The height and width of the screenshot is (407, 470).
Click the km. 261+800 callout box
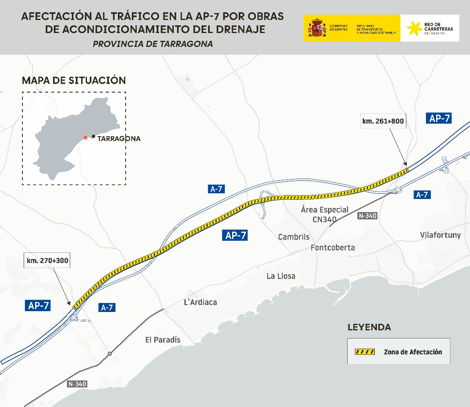click(x=383, y=121)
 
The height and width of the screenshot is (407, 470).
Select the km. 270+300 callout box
click(x=48, y=260)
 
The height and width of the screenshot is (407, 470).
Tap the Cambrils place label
click(x=294, y=237)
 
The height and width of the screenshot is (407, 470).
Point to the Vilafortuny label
click(x=440, y=235)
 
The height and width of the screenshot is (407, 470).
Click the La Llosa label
click(x=281, y=276)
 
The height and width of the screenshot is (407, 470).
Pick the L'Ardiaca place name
click(x=201, y=302)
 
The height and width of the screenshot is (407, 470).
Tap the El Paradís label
click(x=163, y=340)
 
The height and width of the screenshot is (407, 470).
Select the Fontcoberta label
click(x=333, y=248)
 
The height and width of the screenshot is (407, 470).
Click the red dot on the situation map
click(x=85, y=137)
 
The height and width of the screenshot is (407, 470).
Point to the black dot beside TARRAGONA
click(x=93, y=136)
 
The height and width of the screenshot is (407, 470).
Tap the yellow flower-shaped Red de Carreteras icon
click(x=414, y=28)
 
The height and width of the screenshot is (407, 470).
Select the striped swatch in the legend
click(x=365, y=352)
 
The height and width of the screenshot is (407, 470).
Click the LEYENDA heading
click(x=369, y=327)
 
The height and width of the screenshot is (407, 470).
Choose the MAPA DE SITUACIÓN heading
click(x=74, y=80)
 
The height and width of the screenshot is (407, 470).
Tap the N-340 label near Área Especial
click(x=367, y=216)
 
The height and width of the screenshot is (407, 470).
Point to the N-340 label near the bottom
click(x=77, y=384)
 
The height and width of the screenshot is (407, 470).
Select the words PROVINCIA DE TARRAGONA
click(x=153, y=44)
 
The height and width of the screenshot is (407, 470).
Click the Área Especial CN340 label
click(x=325, y=215)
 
